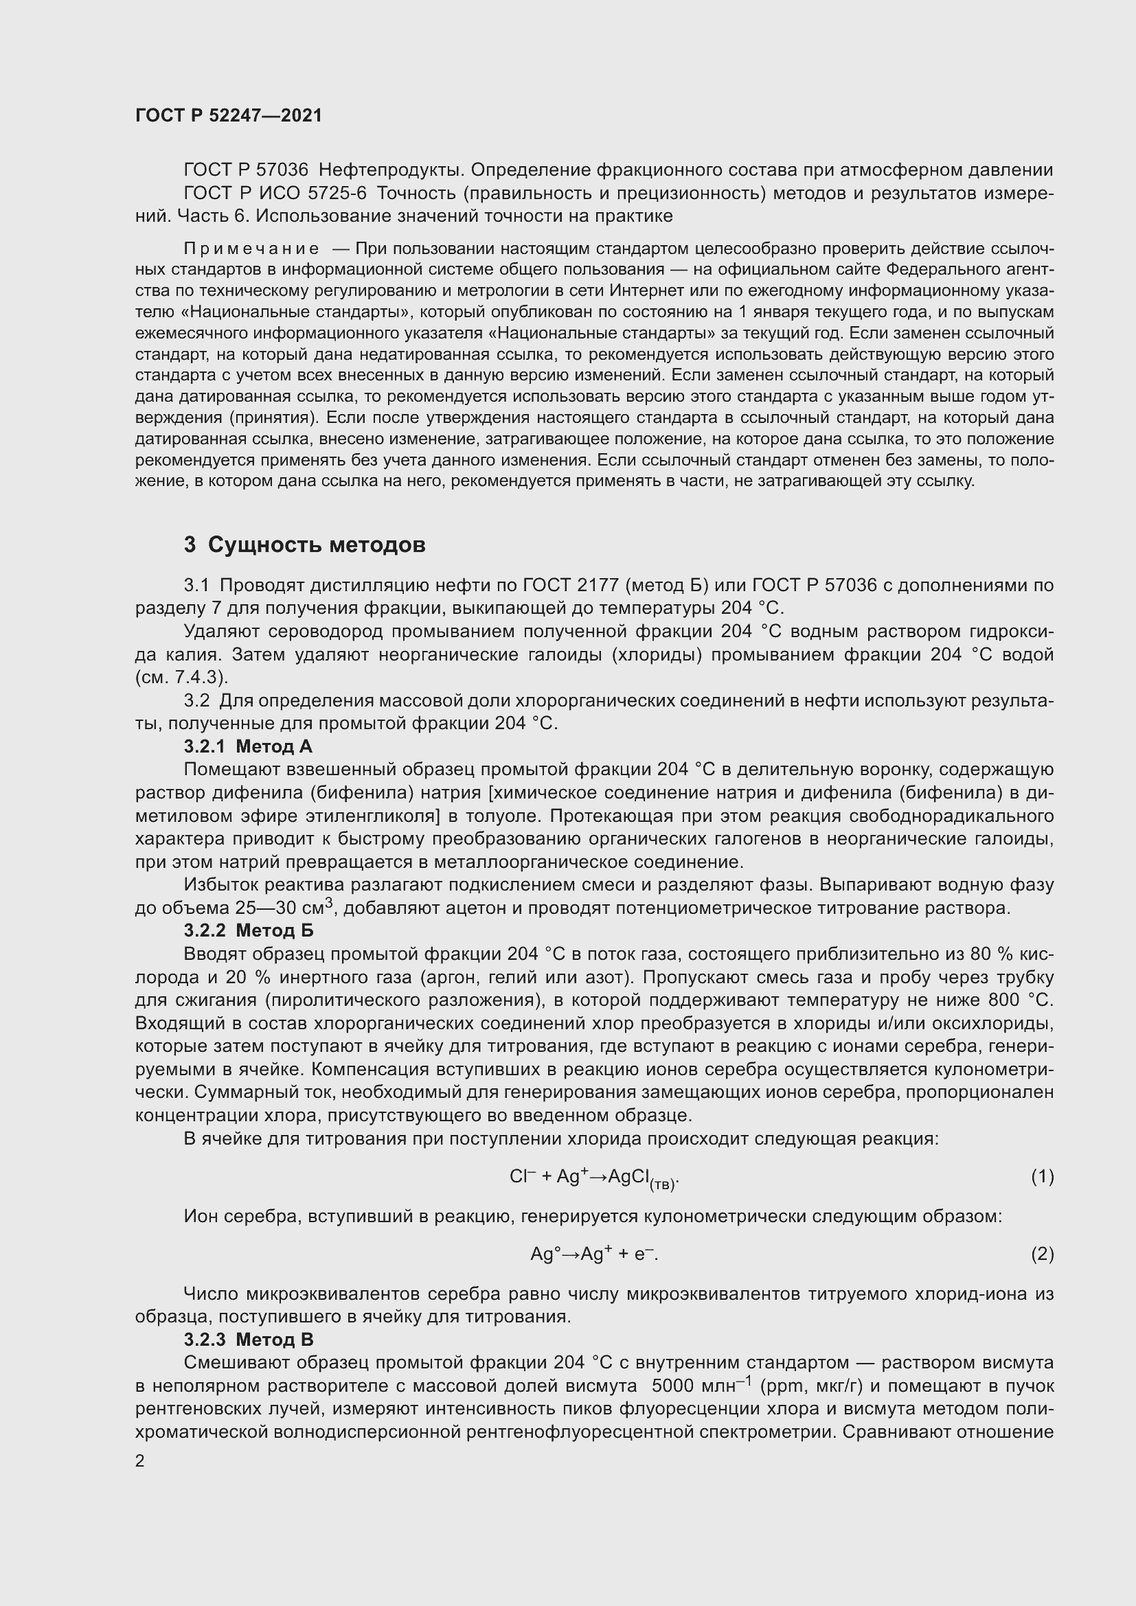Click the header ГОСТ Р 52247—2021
pos(229,115)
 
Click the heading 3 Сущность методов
pos(304,544)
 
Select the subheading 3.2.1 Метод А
pos(248,746)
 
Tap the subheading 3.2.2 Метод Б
pos(249,930)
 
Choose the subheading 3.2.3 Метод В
pos(249,1340)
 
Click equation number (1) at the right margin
pos(1043,1177)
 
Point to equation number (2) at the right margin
pos(1043,1254)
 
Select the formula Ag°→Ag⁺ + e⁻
pos(595,1254)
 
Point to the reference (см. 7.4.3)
pos(182,677)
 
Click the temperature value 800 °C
pos(1021,1000)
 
